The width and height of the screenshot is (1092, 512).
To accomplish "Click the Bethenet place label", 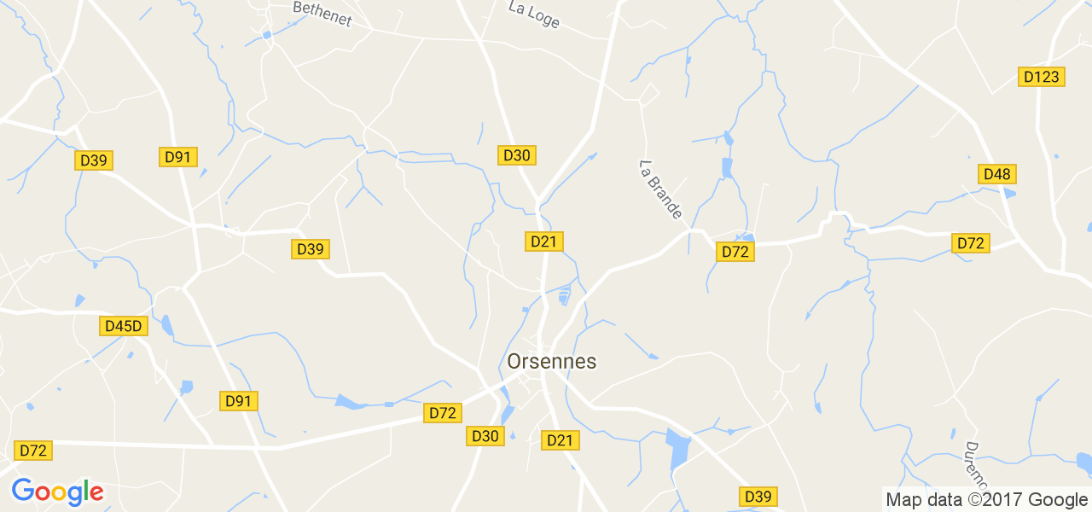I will coord(322,13).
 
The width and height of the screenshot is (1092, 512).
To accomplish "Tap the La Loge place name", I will coord(533,14).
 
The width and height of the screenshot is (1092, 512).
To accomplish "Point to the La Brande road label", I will coord(660,189).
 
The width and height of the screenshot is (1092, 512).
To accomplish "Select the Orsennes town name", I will coord(552,362).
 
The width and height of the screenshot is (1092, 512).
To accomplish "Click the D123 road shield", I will coord(1041,77).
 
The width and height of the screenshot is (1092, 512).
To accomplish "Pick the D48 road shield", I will coord(996,174).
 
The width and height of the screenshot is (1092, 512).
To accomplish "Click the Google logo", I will coord(57,492).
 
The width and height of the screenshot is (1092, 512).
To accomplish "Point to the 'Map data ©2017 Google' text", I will coord(986,500).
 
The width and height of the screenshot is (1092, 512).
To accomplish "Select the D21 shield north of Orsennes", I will coord(543,241).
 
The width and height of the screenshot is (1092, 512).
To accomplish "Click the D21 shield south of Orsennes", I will coord(560,440).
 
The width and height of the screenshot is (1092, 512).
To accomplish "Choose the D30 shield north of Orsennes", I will coord(517,155).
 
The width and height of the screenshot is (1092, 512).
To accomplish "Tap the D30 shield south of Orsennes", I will coord(485,436).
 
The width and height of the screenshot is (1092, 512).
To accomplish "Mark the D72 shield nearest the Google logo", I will coord(33,451).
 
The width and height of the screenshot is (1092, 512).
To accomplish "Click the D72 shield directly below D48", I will coord(971,243).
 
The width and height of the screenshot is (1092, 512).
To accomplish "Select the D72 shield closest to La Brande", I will coord(735,252).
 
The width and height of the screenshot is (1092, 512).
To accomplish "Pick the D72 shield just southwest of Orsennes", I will coord(443,413).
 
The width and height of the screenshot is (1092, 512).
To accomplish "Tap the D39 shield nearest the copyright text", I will coord(758,497).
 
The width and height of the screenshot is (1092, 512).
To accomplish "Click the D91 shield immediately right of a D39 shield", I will coord(179,157).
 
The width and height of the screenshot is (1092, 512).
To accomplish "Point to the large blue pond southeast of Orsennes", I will coord(679,449).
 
